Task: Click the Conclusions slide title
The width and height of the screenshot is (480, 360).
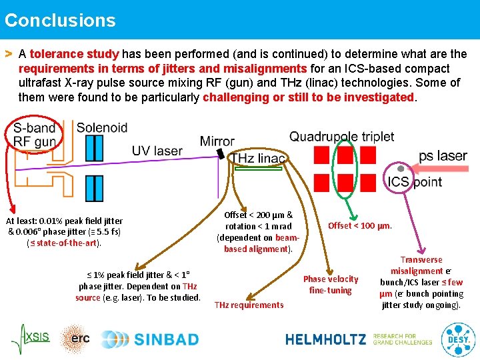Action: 60,20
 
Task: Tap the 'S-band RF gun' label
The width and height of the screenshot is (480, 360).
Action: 35,134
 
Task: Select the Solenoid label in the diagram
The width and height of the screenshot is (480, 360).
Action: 102,127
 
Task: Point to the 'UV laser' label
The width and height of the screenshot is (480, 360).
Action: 157,151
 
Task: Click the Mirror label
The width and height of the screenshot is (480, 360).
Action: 217,141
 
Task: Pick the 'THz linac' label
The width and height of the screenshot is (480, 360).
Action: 257,158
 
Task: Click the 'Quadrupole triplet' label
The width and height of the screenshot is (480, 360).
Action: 341,137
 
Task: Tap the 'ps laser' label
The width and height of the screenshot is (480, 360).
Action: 443,156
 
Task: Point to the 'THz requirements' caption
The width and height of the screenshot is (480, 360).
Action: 249,305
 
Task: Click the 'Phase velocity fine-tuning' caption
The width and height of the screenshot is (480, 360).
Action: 331,285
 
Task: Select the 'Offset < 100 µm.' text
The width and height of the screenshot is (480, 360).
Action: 360,225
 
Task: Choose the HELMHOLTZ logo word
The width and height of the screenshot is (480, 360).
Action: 325,339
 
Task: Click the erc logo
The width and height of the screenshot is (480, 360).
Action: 75,339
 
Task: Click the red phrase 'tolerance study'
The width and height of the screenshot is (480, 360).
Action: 74,54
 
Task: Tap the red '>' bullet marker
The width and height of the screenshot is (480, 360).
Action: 9,52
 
